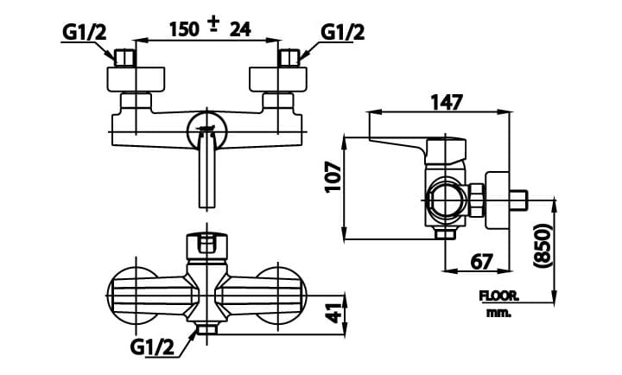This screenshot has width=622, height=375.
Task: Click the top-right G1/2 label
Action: point(343,32)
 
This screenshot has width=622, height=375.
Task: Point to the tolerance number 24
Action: point(239,28)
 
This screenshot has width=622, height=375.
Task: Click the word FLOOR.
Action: point(500,296)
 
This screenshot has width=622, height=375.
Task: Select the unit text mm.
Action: point(498,313)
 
